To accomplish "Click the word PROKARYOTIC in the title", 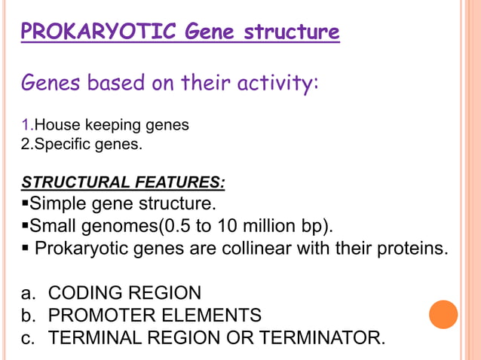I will pyautogui.click(x=99, y=33).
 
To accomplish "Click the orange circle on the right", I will pyautogui.click(x=443, y=314).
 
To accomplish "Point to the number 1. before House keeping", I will pyautogui.click(x=27, y=125).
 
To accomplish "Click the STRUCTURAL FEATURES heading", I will pyautogui.click(x=123, y=182).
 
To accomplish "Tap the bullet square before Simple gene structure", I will pyautogui.click(x=25, y=204).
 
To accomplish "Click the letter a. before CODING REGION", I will pyautogui.click(x=29, y=292).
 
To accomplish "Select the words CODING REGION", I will pyautogui.click(x=124, y=292).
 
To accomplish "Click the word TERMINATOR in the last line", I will pyautogui.click(x=321, y=338).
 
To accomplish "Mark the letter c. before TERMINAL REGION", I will pyautogui.click(x=29, y=338).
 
